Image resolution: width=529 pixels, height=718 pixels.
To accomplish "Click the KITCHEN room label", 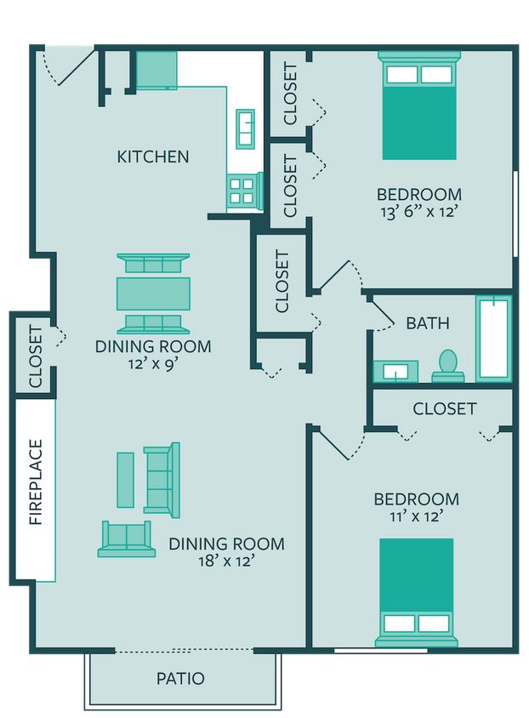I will coord(153,157).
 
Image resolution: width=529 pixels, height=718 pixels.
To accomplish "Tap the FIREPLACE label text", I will coord(36,482).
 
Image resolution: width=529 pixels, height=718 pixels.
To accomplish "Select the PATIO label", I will coord(180,679).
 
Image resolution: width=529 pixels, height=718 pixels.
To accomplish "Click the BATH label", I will coord(427,323).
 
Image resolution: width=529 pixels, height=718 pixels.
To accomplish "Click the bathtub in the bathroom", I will coord(493,338).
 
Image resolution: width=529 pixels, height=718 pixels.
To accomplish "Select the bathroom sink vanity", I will coord(396,371).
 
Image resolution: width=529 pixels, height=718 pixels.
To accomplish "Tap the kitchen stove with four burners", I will coord(242,190).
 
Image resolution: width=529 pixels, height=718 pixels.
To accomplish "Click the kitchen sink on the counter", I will coord(245,128).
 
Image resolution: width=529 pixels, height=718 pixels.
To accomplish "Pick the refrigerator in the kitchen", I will coord(156,70).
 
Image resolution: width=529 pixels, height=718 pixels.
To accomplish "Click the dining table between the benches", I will coord(153,293).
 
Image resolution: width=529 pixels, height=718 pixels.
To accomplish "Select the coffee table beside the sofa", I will coord(125,480).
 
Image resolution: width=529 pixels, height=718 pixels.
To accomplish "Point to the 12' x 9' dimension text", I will coord(153,363).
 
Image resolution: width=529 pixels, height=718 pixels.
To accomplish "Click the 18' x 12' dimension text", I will coord(225,561).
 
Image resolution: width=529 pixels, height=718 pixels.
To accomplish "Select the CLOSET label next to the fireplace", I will coord(36,356).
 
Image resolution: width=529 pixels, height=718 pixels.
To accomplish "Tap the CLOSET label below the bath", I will coord(445,409).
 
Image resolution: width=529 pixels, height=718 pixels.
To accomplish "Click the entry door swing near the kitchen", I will coord(61,66).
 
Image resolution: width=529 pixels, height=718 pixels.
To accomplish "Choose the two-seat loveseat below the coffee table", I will coord(127,539).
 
